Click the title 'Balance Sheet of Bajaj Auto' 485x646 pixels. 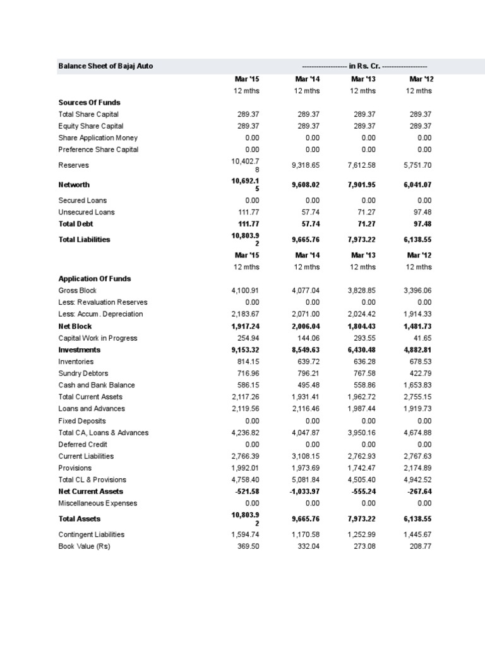tap(105, 66)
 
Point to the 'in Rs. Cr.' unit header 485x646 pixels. tap(365, 66)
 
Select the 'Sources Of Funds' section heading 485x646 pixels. tap(89, 102)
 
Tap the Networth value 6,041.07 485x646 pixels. tap(417, 185)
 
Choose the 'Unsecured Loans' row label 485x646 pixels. tap(87, 212)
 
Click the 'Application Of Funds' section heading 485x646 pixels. tap(95, 278)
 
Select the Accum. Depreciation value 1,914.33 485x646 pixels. tap(417, 314)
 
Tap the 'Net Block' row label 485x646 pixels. tap(75, 326)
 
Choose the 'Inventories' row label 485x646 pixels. tap(76, 361)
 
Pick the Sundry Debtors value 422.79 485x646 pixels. tap(420, 373)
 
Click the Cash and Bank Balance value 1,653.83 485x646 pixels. tap(417, 385)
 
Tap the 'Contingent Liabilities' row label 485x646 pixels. tap(92, 534)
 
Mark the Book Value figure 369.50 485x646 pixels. tap(248, 546)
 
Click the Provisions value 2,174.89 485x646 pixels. tap(417, 468)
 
